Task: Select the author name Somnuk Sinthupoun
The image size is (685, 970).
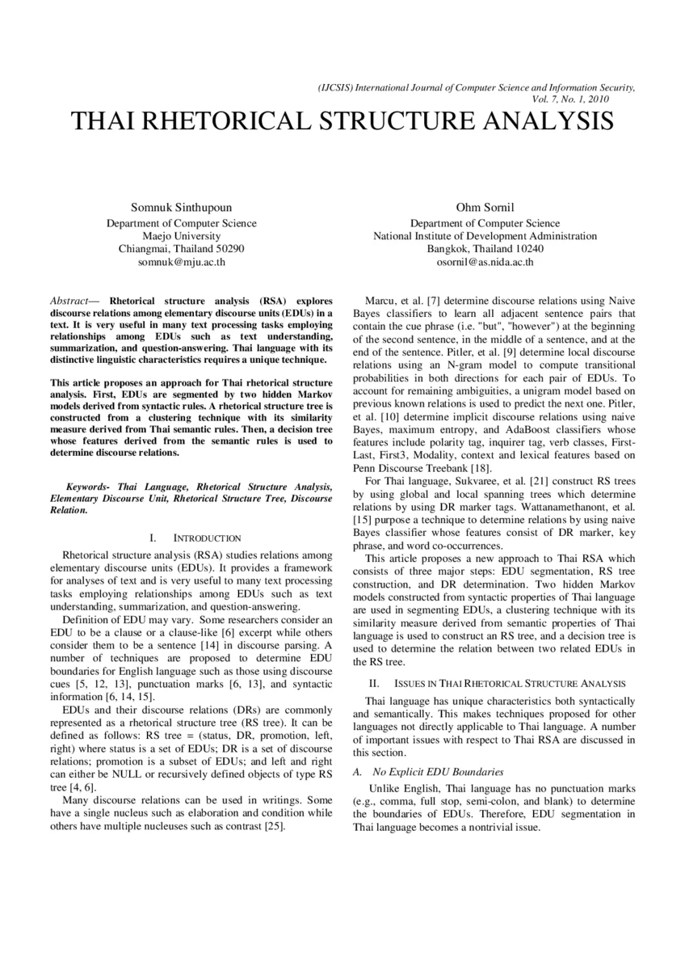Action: pyautogui.click(x=182, y=208)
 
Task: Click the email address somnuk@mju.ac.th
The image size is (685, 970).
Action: pyautogui.click(x=182, y=262)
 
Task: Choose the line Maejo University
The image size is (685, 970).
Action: pyautogui.click(x=182, y=236)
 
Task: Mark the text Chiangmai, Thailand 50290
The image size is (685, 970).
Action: pyautogui.click(x=182, y=249)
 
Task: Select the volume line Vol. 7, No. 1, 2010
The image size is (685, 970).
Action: pyautogui.click(x=572, y=99)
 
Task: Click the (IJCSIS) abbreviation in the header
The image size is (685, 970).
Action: pyautogui.click(x=336, y=87)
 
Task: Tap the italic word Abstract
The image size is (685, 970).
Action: pyautogui.click(x=69, y=299)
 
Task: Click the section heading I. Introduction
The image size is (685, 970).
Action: pyautogui.click(x=195, y=538)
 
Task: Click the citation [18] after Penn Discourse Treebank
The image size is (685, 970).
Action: pyautogui.click(x=478, y=468)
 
